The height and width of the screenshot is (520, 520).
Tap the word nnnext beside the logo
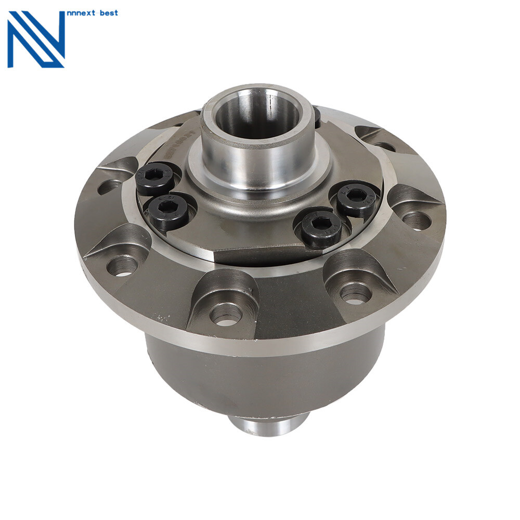click(83, 12)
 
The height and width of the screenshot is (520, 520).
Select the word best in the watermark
click(110, 12)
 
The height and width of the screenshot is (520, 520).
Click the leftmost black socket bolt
click(154, 178)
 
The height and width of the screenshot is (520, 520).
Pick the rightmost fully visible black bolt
click(356, 199)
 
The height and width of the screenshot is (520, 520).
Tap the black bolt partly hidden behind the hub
click(317, 116)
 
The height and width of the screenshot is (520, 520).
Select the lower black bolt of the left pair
click(167, 211)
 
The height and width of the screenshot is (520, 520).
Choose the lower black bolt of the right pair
click(321, 228)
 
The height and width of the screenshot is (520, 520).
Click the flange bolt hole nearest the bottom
click(226, 314)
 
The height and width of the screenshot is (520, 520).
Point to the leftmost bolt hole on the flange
click(109, 186)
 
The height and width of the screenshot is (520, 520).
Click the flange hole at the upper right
click(385, 146)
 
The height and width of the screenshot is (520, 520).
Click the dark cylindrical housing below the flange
click(265, 374)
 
